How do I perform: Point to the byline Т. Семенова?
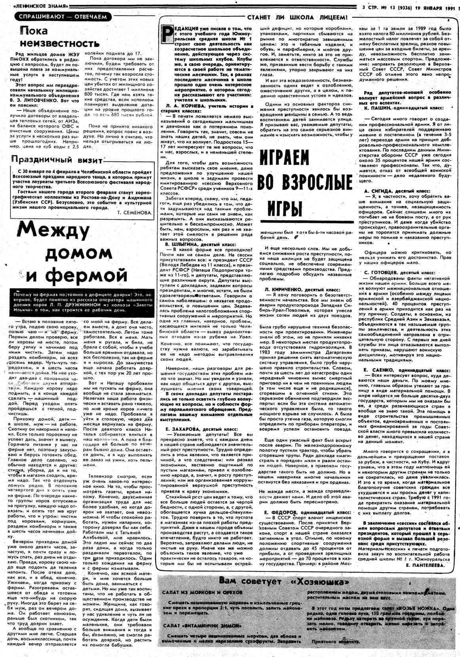pos(135,212)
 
